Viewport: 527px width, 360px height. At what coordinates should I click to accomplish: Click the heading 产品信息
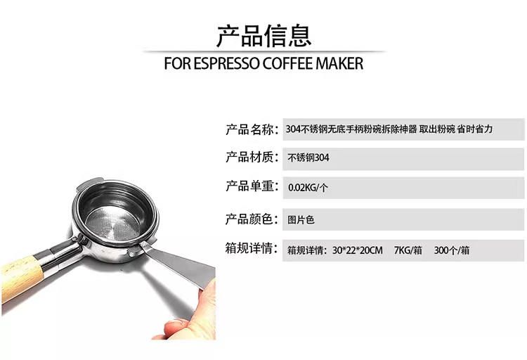263,36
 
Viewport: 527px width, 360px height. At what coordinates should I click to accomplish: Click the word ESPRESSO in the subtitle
227,63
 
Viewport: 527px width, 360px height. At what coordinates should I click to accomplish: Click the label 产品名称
249,129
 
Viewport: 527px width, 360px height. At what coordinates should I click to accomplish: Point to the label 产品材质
249,157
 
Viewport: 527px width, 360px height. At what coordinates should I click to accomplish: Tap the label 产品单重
249,186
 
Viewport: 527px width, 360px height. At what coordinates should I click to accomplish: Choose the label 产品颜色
249,219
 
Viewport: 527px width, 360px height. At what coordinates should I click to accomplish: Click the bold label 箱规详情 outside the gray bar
249,249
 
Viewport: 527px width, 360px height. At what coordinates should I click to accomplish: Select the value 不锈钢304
308,157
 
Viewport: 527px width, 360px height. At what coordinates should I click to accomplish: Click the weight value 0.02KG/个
308,188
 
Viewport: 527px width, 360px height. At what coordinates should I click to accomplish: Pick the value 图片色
301,220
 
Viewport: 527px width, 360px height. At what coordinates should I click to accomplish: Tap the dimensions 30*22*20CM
357,250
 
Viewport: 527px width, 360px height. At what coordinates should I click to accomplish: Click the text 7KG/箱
408,250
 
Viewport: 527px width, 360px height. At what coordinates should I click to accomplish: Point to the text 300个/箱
452,250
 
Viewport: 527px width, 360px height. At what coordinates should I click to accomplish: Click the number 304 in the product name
292,129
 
